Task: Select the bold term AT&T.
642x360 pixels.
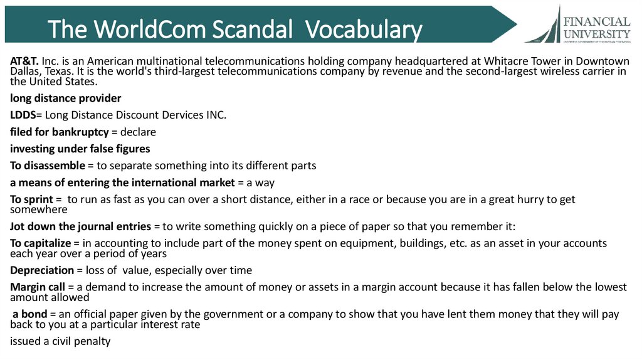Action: point(25,61)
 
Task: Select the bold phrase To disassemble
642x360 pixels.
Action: point(47,166)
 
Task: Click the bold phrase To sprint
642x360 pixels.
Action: point(32,199)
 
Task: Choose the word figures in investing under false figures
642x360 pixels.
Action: point(131,149)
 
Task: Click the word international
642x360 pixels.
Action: point(167,183)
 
